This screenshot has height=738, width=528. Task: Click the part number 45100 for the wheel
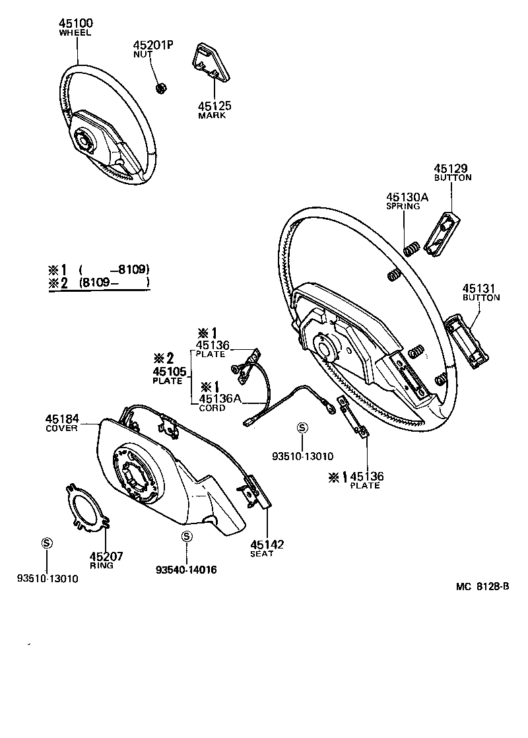[77, 23]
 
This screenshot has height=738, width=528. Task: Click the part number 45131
[478, 288]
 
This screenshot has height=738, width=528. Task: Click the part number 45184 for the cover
[62, 419]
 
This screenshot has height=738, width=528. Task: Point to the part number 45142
[267, 544]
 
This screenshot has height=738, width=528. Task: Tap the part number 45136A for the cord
[220, 398]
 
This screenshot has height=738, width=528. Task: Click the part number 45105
[170, 372]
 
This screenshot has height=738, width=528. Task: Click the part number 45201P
[153, 44]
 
